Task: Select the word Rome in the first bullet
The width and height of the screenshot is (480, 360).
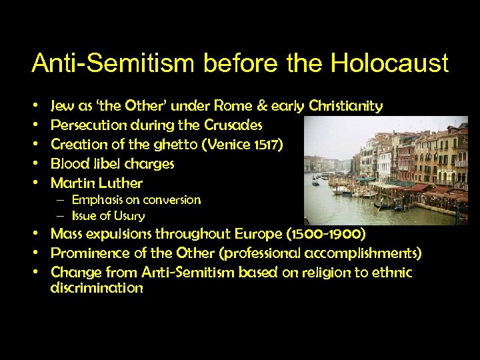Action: tap(235, 106)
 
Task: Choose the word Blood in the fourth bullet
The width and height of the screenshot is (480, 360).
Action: tap(71, 163)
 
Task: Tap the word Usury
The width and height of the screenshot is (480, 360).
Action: tap(129, 216)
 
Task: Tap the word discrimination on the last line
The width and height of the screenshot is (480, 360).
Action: tap(97, 289)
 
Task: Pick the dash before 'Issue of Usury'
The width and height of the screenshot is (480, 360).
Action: tap(61, 216)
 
